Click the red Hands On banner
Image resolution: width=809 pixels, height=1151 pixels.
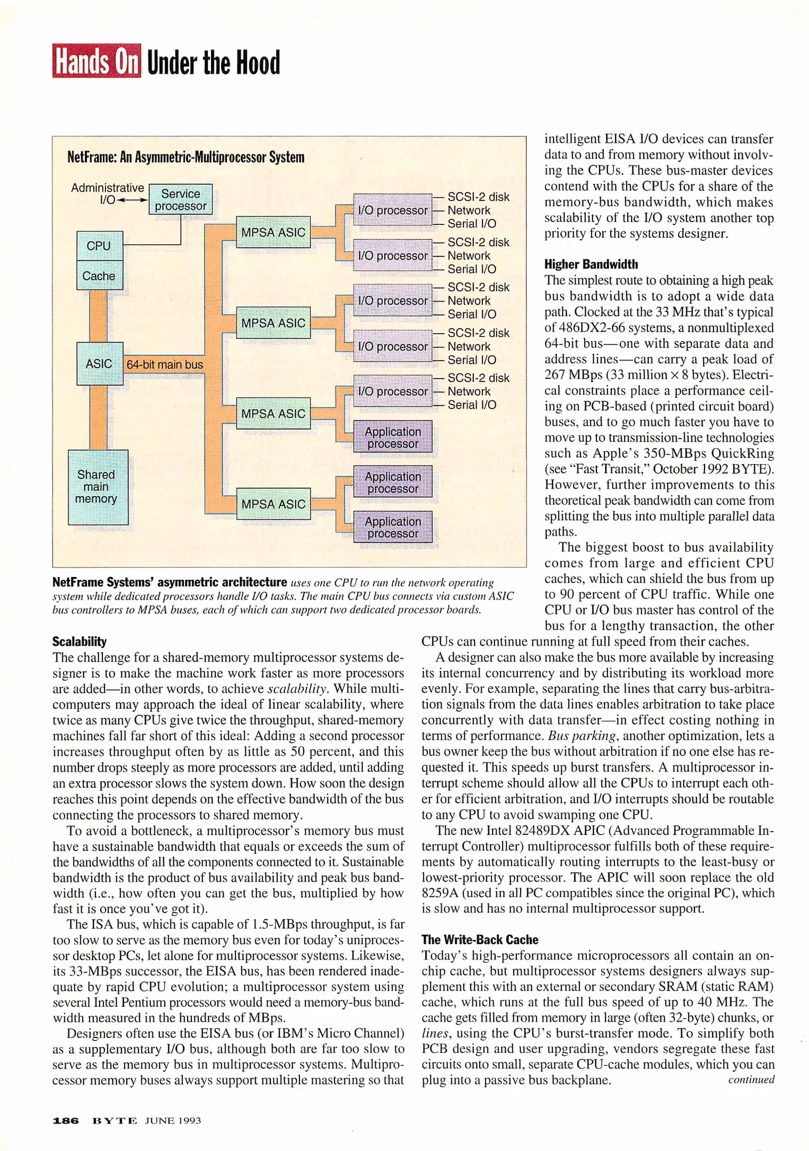[96, 61]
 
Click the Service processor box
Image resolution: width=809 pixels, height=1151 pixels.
[181, 200]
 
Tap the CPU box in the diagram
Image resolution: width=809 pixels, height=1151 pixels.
[99, 246]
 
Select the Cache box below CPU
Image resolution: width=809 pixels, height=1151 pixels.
[99, 275]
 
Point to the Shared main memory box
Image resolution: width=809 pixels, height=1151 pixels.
[98, 487]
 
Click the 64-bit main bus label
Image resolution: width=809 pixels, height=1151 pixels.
[165, 364]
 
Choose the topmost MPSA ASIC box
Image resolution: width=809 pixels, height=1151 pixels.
[273, 232]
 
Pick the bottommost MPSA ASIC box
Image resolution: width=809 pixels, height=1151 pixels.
[273, 504]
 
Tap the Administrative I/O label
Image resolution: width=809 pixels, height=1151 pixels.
[107, 193]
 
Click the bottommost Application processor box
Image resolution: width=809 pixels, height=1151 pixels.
[393, 527]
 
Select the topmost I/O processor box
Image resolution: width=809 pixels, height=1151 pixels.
[393, 210]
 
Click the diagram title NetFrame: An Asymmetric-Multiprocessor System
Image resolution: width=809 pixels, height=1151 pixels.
[185, 157]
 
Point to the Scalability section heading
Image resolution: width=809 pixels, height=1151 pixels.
[79, 642]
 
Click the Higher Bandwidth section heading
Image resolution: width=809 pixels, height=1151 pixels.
[590, 264]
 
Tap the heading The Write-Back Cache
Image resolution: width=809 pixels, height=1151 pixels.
[480, 939]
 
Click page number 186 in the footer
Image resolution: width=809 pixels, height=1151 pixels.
[66, 1121]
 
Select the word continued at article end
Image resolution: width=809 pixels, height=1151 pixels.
[751, 1080]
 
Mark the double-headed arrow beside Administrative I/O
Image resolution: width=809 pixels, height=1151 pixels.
[132, 200]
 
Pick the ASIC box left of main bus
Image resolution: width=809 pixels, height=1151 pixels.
[100, 363]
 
